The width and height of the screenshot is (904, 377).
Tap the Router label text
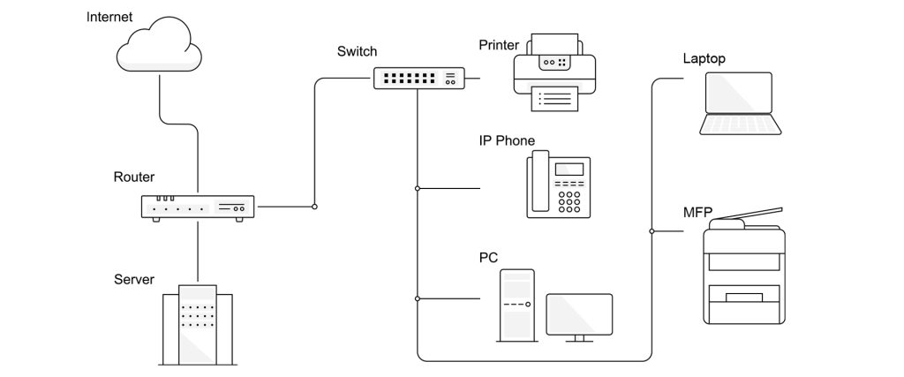point(134,177)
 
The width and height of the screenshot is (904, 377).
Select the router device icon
point(198,207)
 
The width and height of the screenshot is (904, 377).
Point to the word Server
point(134,280)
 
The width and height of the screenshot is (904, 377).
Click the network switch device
point(418,78)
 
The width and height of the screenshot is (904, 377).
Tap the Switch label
point(357,51)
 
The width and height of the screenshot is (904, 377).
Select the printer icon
point(555,72)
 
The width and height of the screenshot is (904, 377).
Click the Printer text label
point(500,45)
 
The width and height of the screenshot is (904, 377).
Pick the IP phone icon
point(559,185)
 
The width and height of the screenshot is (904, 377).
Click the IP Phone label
point(507,140)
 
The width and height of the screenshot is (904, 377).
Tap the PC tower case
point(516,305)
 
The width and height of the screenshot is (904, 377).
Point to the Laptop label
point(704,59)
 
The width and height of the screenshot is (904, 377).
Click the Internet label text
point(109,17)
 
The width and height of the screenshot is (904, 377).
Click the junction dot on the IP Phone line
point(418,188)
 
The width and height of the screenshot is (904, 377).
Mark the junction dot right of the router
point(314,207)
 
